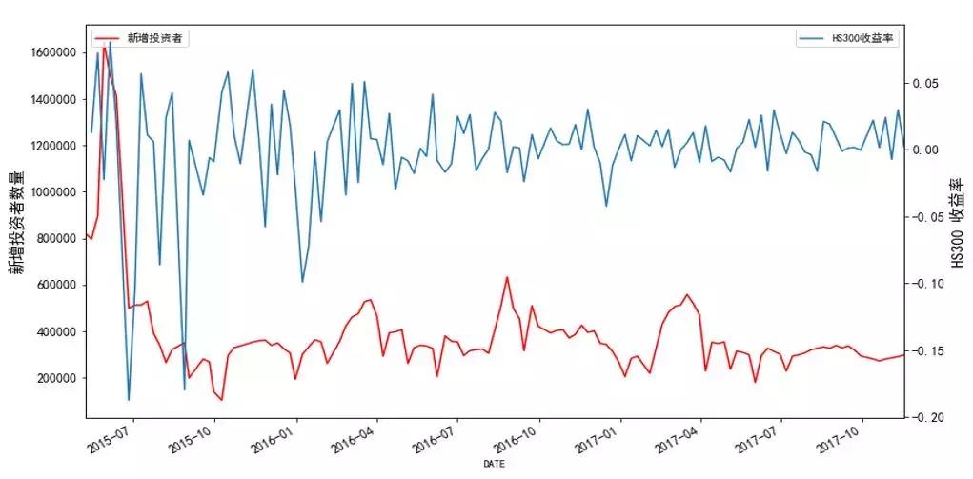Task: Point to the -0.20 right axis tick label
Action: tap(928, 418)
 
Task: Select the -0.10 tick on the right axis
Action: tap(928, 284)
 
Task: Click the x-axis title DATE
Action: tap(494, 464)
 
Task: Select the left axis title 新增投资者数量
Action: tap(17, 222)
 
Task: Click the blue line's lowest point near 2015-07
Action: tap(129, 400)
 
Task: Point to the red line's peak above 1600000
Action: tap(104, 44)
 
